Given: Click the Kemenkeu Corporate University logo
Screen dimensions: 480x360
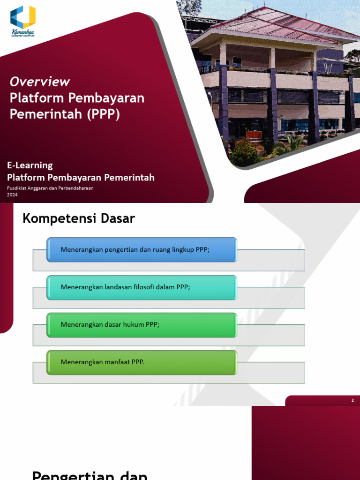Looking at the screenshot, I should tap(23, 21).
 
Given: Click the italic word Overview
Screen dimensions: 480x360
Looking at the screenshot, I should tap(40, 82).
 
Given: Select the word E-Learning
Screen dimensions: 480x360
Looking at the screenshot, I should tap(30, 165).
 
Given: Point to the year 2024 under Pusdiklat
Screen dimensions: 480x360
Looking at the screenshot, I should tap(12, 195).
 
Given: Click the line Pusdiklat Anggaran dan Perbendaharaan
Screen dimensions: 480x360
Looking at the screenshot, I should tap(50, 188).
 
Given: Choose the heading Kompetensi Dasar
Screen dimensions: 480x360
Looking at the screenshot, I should tap(79, 218).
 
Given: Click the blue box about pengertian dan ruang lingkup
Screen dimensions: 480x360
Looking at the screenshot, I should tap(142, 249).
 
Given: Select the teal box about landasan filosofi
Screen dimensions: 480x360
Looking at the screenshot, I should tap(142, 287).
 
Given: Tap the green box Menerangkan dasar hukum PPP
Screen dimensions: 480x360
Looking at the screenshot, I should tap(142, 324).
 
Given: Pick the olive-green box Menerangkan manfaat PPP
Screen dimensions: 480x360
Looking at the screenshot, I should tap(142, 362).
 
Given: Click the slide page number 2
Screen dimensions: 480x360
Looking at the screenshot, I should tap(353, 400).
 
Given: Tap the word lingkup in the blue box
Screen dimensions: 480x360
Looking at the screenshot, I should tap(182, 249).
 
